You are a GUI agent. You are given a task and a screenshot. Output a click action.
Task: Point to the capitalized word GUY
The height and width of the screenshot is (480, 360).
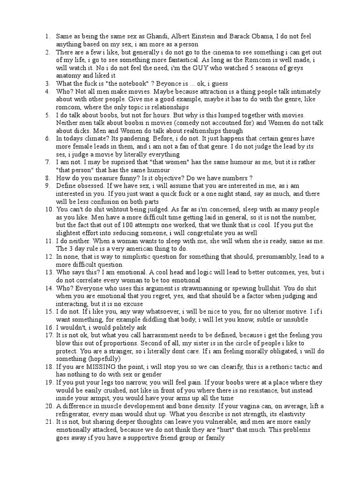[x=189, y=67]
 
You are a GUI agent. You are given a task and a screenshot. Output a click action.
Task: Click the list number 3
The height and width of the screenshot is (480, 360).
[x=47, y=83]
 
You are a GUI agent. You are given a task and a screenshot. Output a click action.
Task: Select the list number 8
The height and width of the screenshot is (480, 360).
[x=47, y=178]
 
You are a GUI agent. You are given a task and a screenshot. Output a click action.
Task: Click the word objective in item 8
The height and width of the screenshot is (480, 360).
[x=164, y=178]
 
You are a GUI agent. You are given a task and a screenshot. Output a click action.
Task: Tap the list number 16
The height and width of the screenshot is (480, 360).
[x=48, y=328]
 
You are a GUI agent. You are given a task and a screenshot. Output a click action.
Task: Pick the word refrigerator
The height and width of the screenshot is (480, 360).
[x=79, y=415]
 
